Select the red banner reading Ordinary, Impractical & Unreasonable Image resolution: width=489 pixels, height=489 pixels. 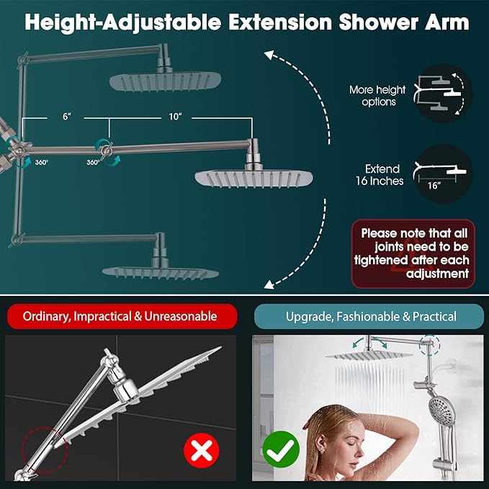120,316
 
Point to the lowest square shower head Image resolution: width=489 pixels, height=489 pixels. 160,271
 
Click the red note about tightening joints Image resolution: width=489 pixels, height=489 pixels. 413,254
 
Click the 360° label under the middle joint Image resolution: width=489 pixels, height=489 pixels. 93,163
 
